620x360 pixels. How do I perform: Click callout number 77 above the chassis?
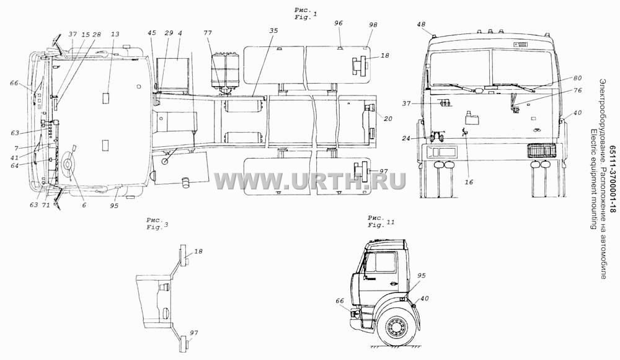pyautogui.click(x=208, y=33)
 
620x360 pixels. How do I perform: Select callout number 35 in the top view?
pyautogui.click(x=273, y=31)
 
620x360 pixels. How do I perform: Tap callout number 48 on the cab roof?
pyautogui.click(x=421, y=25)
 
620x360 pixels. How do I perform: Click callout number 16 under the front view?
pyautogui.click(x=469, y=182)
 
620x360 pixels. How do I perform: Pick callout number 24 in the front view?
pyautogui.click(x=417, y=138)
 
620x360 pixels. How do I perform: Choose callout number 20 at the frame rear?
pyautogui.click(x=388, y=118)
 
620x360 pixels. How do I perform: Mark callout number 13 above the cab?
pyautogui.click(x=115, y=34)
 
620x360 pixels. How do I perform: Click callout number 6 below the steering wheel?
pyautogui.click(x=84, y=205)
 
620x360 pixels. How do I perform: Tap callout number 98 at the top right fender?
pyautogui.click(x=373, y=25)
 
